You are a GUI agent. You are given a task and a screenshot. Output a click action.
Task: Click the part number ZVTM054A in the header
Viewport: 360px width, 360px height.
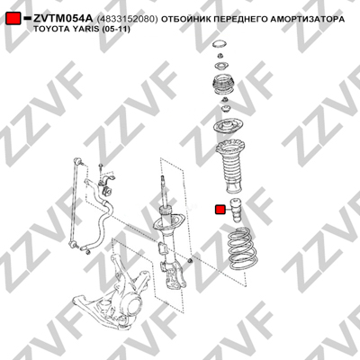click(63, 19)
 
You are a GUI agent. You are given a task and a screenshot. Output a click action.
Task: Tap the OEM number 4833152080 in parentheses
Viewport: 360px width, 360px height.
click(127, 19)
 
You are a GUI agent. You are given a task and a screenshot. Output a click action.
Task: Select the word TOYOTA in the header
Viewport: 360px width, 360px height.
click(49, 30)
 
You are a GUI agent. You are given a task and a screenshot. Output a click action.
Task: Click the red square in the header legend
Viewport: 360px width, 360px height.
click(13, 19)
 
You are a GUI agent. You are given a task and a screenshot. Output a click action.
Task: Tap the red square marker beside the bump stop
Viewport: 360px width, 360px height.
click(220, 210)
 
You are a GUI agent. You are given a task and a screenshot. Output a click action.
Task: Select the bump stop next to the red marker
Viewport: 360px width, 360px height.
click(236, 211)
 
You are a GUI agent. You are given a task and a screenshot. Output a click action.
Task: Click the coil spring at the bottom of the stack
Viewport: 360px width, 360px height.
click(242, 248)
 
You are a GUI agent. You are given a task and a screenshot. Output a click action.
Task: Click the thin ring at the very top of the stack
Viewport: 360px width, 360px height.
click(220, 44)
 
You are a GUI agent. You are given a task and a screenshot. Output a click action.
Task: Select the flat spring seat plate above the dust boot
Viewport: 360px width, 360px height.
click(228, 127)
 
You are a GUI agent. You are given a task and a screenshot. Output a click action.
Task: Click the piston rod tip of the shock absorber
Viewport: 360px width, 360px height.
click(163, 178)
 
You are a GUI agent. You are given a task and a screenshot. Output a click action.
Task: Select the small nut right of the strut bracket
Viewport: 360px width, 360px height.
click(190, 261)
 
